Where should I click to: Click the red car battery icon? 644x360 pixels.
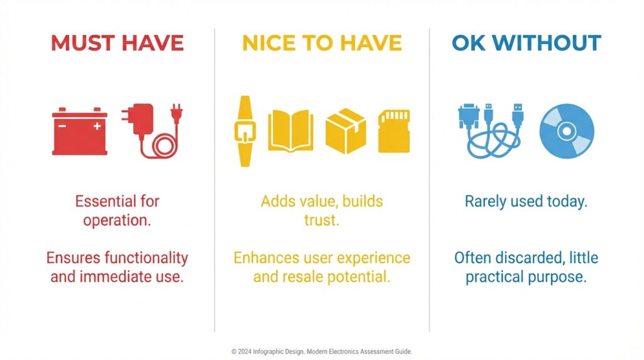[x=80, y=132]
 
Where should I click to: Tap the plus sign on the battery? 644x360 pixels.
[x=97, y=126]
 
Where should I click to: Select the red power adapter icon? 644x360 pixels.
[x=152, y=131]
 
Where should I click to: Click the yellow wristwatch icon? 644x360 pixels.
[x=245, y=132]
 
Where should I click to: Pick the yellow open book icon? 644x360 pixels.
[x=291, y=131]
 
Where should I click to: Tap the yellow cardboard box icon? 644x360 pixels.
[x=346, y=131]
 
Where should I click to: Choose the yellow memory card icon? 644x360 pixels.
[x=394, y=131]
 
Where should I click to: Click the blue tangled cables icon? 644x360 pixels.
[x=491, y=132]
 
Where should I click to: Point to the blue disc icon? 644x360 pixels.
[x=567, y=132]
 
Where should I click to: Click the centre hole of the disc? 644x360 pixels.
[x=567, y=132]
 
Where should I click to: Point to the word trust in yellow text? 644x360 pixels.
[x=321, y=220]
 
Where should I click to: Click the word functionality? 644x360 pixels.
[x=146, y=258]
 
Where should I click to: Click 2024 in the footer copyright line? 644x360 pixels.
[x=245, y=352]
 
